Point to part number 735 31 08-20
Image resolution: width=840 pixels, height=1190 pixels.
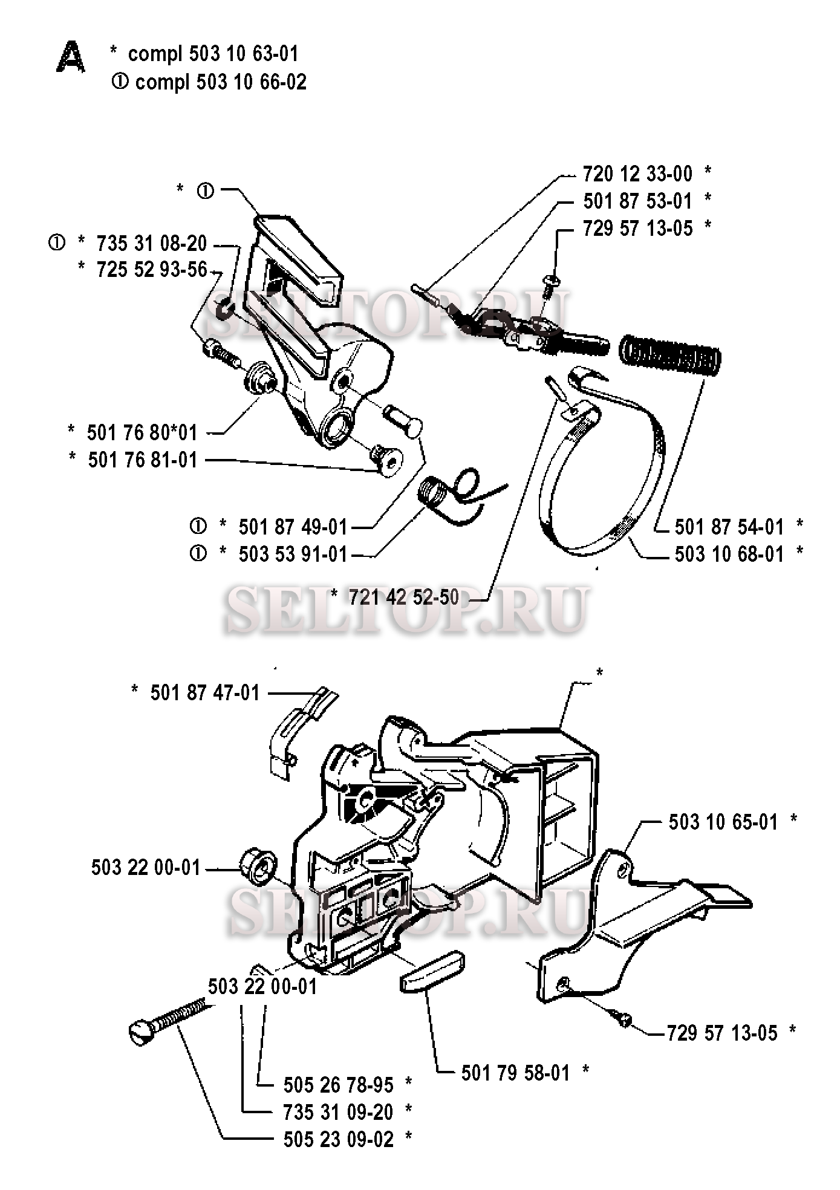pos(152,244)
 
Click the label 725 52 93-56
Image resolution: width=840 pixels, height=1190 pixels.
pos(152,270)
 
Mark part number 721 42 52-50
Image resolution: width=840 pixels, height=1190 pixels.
pos(404,597)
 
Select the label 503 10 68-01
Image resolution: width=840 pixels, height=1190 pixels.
pos(729,554)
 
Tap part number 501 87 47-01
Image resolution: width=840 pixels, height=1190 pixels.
pos(205,692)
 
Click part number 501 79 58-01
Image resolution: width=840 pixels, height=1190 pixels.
pos(516,1073)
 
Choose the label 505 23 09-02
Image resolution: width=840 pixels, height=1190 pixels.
pos(339,1139)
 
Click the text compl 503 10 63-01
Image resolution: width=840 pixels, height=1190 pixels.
pos(213,54)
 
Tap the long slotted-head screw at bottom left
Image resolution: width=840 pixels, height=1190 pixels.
pos(171,1020)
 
